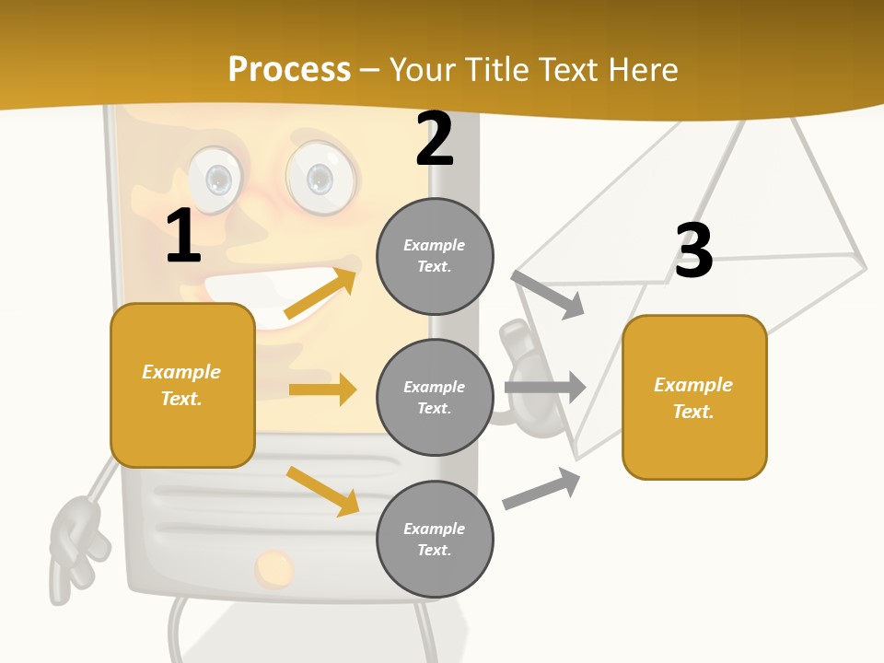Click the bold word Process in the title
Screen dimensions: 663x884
coord(289,69)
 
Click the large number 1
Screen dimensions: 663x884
coord(183,236)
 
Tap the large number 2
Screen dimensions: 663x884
coord(435,139)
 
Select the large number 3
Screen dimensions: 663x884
coord(693,250)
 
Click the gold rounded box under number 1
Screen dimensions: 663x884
coord(182,385)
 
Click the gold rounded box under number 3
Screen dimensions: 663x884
coord(694,397)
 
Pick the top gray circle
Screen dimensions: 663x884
coord(435,255)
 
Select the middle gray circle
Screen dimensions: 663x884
coord(435,397)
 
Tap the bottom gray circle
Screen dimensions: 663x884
coord(435,539)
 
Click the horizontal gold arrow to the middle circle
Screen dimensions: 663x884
coord(322,390)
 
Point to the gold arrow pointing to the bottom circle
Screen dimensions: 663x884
coord(322,491)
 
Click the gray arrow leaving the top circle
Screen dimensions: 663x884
coord(549,294)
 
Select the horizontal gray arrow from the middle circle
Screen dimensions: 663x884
coord(545,387)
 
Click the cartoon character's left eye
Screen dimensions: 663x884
coord(217,177)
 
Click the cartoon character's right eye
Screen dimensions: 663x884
coord(319,177)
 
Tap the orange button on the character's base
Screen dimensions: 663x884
coord(273,568)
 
